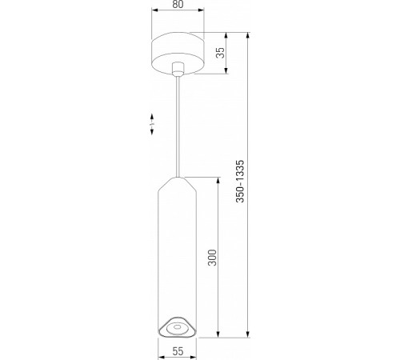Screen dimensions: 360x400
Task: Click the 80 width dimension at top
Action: [176, 6]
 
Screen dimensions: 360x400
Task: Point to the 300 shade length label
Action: [213, 258]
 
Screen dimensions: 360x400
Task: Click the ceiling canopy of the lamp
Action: [176, 51]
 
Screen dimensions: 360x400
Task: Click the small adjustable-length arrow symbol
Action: [151, 126]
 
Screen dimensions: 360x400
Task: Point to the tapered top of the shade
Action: [176, 185]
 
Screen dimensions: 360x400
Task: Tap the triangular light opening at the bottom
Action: [176, 326]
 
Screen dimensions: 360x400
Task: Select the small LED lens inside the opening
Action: [176, 326]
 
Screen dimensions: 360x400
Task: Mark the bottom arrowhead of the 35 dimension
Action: [226, 72]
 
